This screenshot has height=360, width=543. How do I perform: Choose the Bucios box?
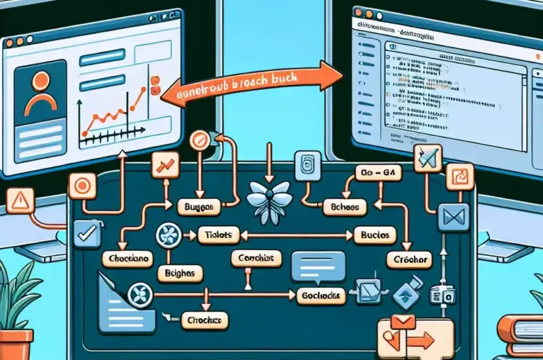(374, 235)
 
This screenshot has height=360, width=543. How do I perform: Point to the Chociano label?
(126, 259)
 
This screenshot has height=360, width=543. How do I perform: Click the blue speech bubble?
(312, 266)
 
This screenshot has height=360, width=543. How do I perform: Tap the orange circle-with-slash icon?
(199, 141)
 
